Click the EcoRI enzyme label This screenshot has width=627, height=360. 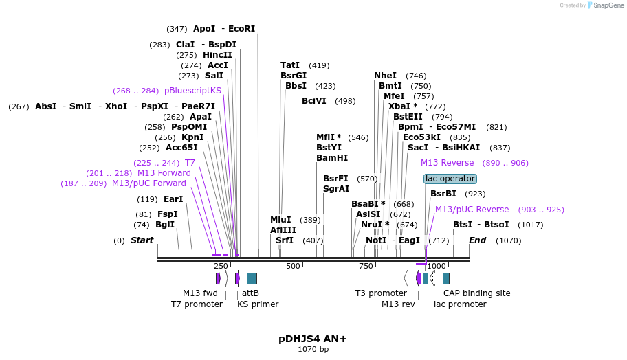pos(241,29)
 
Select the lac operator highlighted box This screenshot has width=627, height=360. pos(450,179)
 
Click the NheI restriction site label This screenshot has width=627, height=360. pos(385,76)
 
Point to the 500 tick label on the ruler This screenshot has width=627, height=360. pos(293,266)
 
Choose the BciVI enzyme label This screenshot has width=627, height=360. pos(313,101)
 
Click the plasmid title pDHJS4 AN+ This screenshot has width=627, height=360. pos(313,339)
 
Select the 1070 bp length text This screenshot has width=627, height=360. pos(313,350)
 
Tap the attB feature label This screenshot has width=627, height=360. pos(250,293)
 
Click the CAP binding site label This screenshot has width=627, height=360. pos(476,293)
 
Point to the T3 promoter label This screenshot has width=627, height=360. pos(381,293)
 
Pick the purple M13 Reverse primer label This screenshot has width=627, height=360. pos(447,163)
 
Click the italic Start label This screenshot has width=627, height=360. pos(142,240)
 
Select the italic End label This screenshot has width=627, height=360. pos(477,240)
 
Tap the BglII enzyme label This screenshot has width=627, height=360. pos(165,225)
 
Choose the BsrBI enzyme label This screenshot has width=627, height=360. pos(443,194)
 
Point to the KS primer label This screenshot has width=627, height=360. pos(258,304)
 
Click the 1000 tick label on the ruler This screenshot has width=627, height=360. pos(436,266)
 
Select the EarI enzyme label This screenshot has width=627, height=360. pos(173,199)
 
